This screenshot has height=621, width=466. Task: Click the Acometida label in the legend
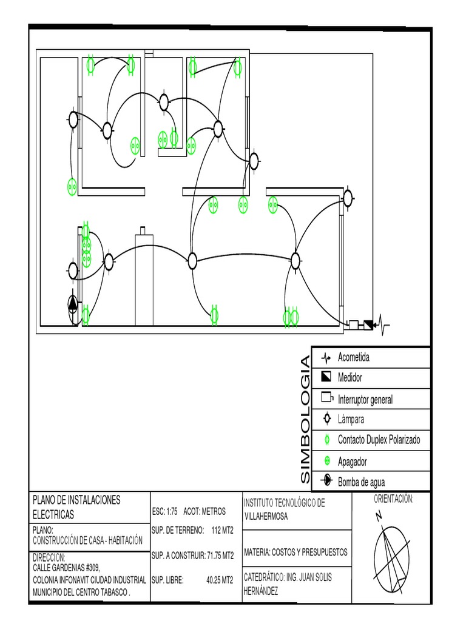click(x=353, y=357)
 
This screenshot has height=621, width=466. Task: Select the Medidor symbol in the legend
click(x=326, y=377)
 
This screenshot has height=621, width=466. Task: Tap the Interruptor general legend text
click(x=365, y=399)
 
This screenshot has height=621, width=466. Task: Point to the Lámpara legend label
click(x=351, y=419)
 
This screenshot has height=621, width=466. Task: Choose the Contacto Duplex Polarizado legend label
click(x=379, y=440)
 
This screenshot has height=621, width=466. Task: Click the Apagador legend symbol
click(x=326, y=462)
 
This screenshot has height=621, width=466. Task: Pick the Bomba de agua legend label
click(x=361, y=482)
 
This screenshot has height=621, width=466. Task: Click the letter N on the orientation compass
click(x=379, y=516)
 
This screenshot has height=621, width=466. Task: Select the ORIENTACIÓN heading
click(x=393, y=499)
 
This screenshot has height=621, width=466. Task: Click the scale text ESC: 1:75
click(x=165, y=511)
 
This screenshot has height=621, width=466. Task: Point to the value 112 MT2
click(x=219, y=530)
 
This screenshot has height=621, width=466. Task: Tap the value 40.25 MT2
click(x=220, y=580)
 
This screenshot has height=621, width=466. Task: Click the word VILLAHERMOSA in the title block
click(x=266, y=516)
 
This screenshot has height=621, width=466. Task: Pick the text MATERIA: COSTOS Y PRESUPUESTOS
click(x=295, y=552)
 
